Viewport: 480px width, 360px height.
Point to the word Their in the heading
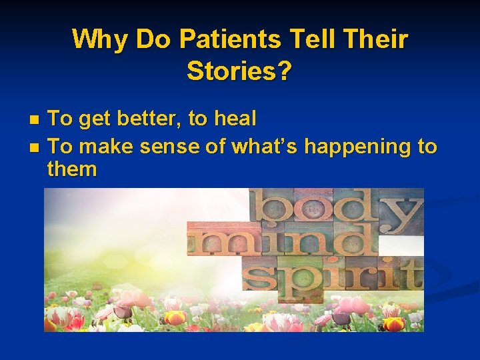point(377,39)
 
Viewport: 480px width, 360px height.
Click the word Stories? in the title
point(239,71)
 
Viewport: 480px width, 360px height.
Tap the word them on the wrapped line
point(72,169)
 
